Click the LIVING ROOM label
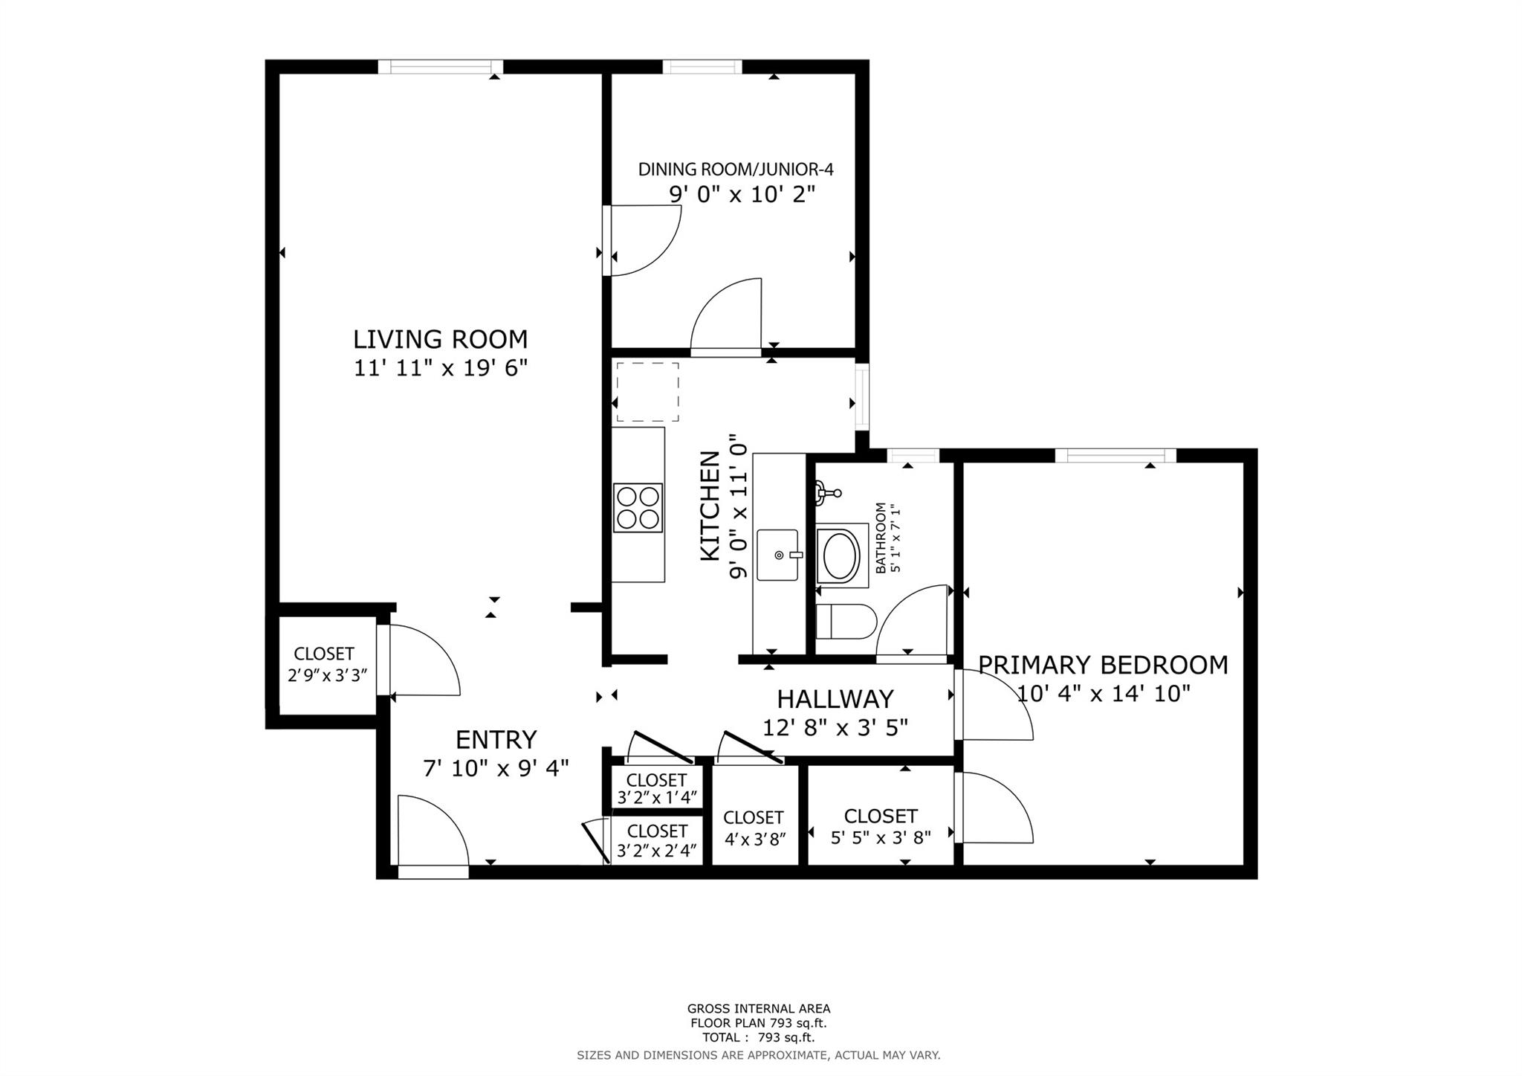click(x=440, y=339)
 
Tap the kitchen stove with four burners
click(x=638, y=508)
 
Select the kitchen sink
click(x=777, y=555)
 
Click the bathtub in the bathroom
click(x=841, y=555)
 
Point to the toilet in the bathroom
click(x=846, y=622)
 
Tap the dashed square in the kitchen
click(x=647, y=392)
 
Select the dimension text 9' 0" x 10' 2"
click(x=742, y=195)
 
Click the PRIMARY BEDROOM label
click(x=1103, y=665)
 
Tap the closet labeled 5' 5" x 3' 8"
click(x=880, y=825)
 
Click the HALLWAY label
click(x=835, y=699)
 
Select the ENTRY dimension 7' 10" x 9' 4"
click(x=496, y=768)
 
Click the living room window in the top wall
click(x=441, y=67)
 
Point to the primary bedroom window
click(x=1115, y=456)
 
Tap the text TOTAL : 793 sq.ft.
click(x=758, y=1037)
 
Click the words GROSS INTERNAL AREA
click(x=758, y=1009)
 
